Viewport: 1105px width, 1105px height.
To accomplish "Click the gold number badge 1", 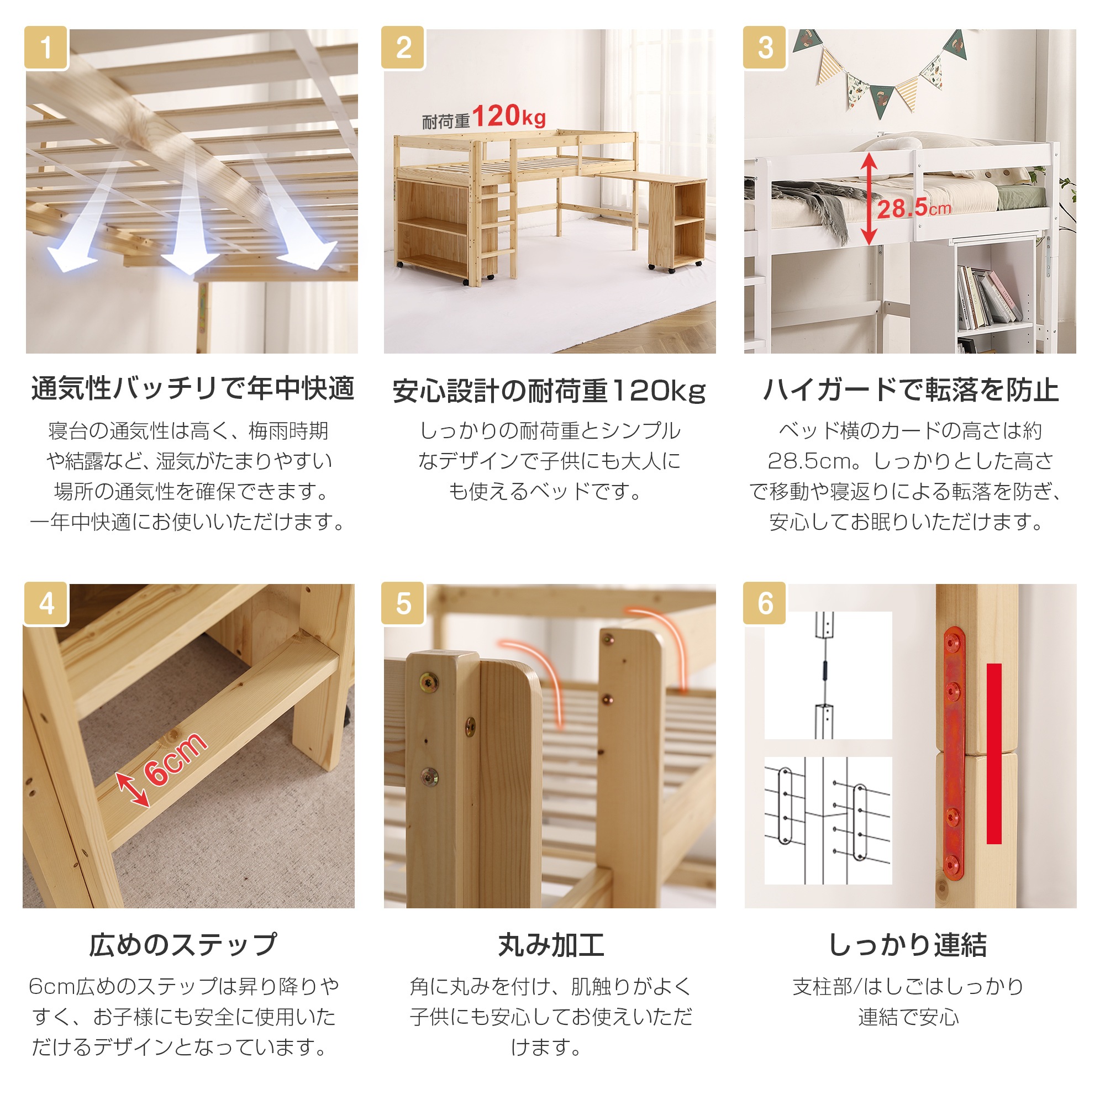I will (x=46, y=48).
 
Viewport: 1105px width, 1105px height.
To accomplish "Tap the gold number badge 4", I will (x=46, y=604).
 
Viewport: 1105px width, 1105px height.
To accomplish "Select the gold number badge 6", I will (x=765, y=604).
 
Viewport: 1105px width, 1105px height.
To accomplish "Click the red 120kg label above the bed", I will (x=508, y=116).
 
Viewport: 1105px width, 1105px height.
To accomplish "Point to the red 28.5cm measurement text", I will (x=913, y=208).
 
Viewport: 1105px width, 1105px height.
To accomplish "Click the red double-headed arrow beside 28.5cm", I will (x=869, y=199).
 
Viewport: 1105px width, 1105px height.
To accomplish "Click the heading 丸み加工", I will (x=551, y=945).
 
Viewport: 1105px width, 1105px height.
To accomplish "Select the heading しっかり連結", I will (x=908, y=945).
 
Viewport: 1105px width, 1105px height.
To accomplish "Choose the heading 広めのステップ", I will (x=183, y=945).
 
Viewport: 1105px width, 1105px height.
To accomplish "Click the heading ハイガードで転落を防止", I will (x=911, y=390).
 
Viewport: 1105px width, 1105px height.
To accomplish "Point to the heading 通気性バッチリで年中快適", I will (x=193, y=389).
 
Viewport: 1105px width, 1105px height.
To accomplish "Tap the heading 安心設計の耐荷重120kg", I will (x=549, y=391).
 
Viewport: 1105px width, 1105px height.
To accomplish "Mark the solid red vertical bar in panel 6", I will (x=994, y=754).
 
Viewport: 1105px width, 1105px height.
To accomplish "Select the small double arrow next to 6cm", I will (x=133, y=790).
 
